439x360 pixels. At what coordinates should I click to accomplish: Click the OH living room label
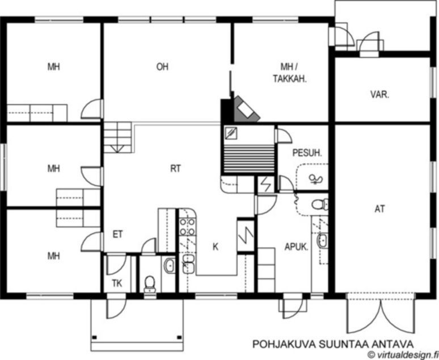(162, 67)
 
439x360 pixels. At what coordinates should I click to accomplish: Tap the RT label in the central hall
(176, 169)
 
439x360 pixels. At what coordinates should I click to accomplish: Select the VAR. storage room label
(380, 94)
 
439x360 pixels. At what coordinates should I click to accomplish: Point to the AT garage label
(379, 209)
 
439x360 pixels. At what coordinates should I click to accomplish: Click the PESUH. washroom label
(307, 153)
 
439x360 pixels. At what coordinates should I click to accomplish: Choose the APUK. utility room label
(297, 247)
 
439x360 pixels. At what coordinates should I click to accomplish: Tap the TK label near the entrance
(117, 283)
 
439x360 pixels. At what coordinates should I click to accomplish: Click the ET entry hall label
(117, 234)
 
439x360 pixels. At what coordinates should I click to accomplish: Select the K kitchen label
(216, 247)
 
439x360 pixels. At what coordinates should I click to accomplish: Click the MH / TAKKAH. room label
(290, 73)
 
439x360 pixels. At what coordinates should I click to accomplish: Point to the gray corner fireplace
(246, 110)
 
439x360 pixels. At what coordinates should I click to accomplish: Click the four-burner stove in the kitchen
(187, 227)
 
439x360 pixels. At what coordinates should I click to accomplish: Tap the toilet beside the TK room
(150, 284)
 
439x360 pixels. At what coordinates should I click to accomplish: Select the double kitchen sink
(188, 264)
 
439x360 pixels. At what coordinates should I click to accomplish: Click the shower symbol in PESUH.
(315, 179)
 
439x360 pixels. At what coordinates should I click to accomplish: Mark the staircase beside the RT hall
(117, 137)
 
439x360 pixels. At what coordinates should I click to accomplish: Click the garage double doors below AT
(381, 313)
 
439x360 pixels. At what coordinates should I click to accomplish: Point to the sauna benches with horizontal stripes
(248, 160)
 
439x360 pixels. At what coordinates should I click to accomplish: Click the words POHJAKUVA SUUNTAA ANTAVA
(333, 344)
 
